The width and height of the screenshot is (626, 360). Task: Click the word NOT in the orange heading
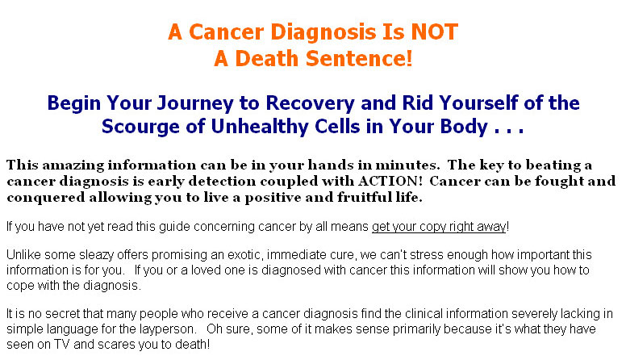click(x=434, y=32)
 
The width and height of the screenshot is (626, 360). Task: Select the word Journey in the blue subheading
click(x=195, y=103)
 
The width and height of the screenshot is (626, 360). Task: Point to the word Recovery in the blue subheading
click(x=311, y=103)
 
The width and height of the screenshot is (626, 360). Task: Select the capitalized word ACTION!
click(x=390, y=181)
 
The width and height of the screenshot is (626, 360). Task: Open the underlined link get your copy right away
click(x=439, y=227)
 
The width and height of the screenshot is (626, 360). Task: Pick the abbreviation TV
click(x=62, y=345)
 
